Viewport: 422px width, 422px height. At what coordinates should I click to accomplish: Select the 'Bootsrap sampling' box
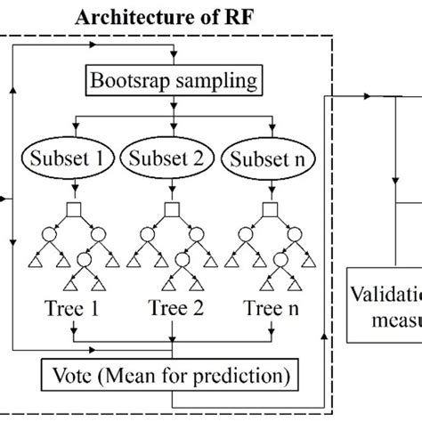point(173,82)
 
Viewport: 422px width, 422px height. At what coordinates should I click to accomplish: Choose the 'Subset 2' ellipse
point(169,160)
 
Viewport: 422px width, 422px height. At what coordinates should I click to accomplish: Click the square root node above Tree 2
point(169,210)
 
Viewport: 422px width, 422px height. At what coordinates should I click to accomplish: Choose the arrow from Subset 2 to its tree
point(169,190)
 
